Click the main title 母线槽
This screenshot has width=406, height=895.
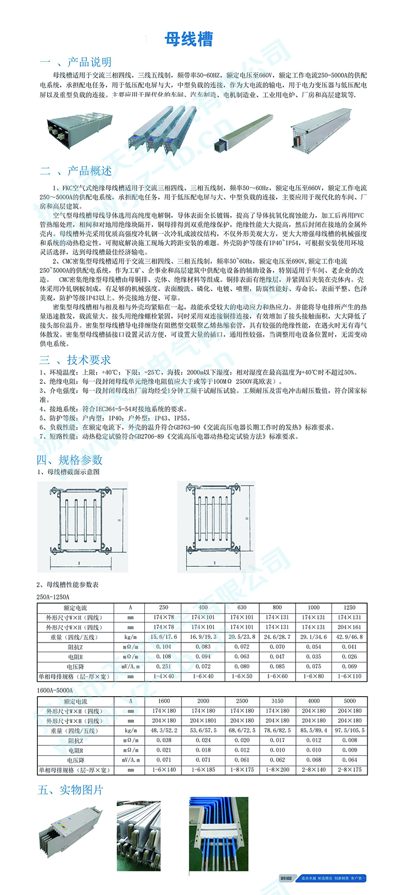coord(189,39)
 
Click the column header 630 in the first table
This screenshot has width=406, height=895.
coord(242,608)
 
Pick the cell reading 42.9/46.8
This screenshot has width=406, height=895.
coord(349,637)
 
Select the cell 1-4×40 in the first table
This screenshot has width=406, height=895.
coord(164,676)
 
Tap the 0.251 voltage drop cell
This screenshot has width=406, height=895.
coord(164,667)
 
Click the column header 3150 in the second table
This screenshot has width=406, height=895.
coord(277,701)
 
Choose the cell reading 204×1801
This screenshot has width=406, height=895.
coord(203,721)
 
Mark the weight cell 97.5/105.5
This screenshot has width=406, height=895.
coord(350,730)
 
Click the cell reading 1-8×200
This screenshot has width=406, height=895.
coord(277,769)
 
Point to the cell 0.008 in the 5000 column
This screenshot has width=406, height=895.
coord(350,740)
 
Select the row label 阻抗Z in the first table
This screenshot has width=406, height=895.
coord(75,647)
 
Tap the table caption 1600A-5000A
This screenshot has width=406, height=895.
coord(54,690)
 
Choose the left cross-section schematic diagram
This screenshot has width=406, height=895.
coord(82,526)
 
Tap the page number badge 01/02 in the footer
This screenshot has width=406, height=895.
coord(286,879)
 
